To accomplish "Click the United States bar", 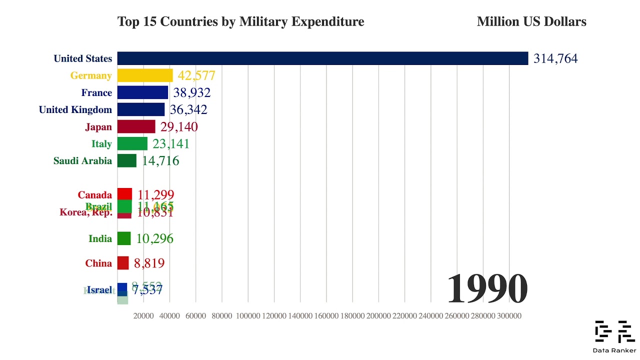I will pos(322,58).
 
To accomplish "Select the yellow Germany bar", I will pos(145,75).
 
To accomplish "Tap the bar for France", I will pos(142,92).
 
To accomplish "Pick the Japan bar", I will pos(136,126).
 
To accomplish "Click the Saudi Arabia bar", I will pos(126,160).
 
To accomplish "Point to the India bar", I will pos(124,238).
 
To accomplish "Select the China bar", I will pos(123,263).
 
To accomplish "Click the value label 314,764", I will pos(555,58).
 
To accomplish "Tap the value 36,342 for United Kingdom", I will pos(188,109).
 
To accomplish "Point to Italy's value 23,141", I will pos(171,144).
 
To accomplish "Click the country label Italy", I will pos(101,144).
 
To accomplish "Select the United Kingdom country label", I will pos(75,109).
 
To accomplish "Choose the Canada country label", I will pos(94,195).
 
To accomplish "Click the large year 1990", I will pos(486,289).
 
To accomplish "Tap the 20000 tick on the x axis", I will pos(143,316).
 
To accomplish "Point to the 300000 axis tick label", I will pos(509,316).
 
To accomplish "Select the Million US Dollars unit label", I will pos(531,21).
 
